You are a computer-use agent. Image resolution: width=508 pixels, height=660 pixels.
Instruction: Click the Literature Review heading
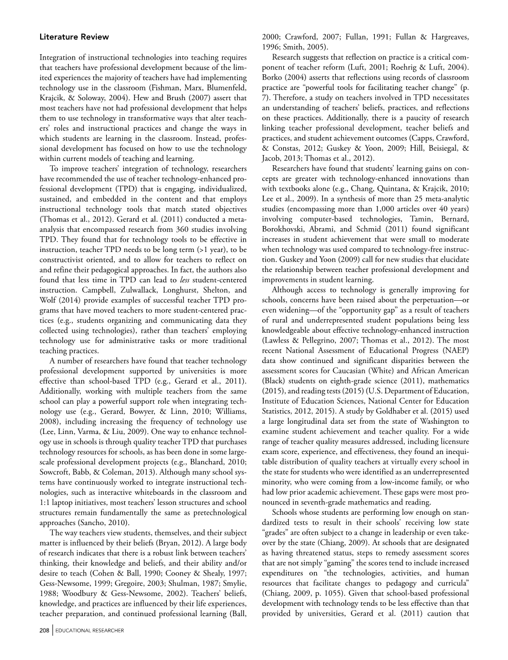click(x=74, y=37)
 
